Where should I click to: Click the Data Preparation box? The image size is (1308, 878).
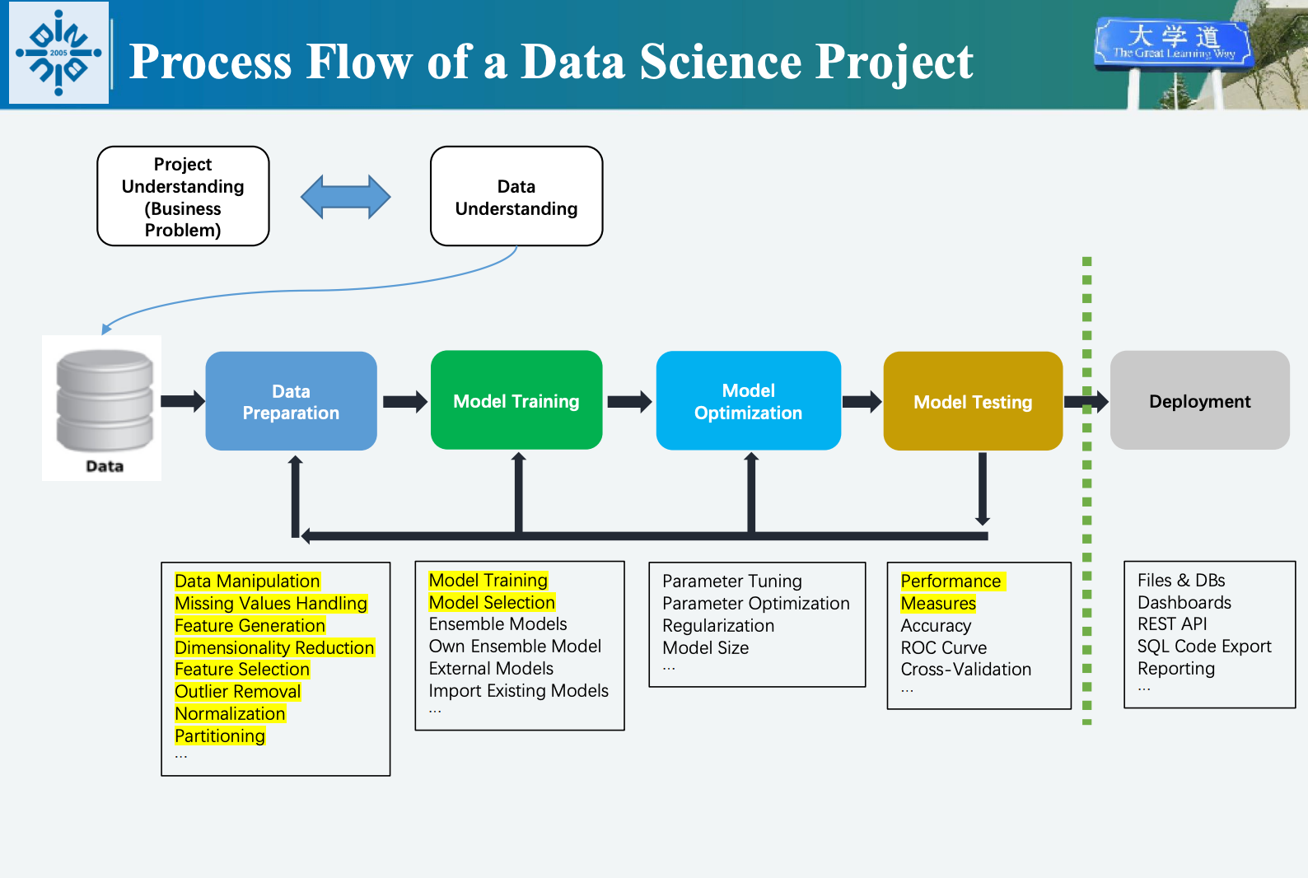click(x=291, y=401)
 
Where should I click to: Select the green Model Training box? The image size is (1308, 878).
click(x=516, y=400)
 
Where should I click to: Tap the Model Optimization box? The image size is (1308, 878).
click(x=748, y=400)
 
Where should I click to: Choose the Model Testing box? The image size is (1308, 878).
click(x=973, y=401)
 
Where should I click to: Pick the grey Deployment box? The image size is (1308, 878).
click(x=1199, y=400)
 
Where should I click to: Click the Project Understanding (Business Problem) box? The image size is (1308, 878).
click(x=183, y=196)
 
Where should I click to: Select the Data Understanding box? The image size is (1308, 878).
click(x=516, y=196)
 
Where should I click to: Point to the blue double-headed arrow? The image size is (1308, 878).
click(x=346, y=197)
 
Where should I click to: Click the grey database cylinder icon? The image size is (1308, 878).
click(x=105, y=400)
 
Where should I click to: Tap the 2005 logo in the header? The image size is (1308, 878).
click(x=58, y=53)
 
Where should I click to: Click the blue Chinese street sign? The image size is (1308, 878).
click(x=1173, y=44)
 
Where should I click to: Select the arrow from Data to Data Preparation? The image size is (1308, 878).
click(x=183, y=401)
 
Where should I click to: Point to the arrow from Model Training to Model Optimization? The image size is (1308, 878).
click(x=629, y=402)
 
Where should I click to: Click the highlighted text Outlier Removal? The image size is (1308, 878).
click(x=238, y=692)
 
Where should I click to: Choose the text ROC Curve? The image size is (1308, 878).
click(x=944, y=647)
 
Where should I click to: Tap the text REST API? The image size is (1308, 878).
click(x=1172, y=624)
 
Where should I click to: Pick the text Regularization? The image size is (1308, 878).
click(x=718, y=626)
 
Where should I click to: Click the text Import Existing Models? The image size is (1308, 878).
click(x=519, y=690)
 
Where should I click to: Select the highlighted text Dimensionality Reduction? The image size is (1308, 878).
click(x=274, y=647)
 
